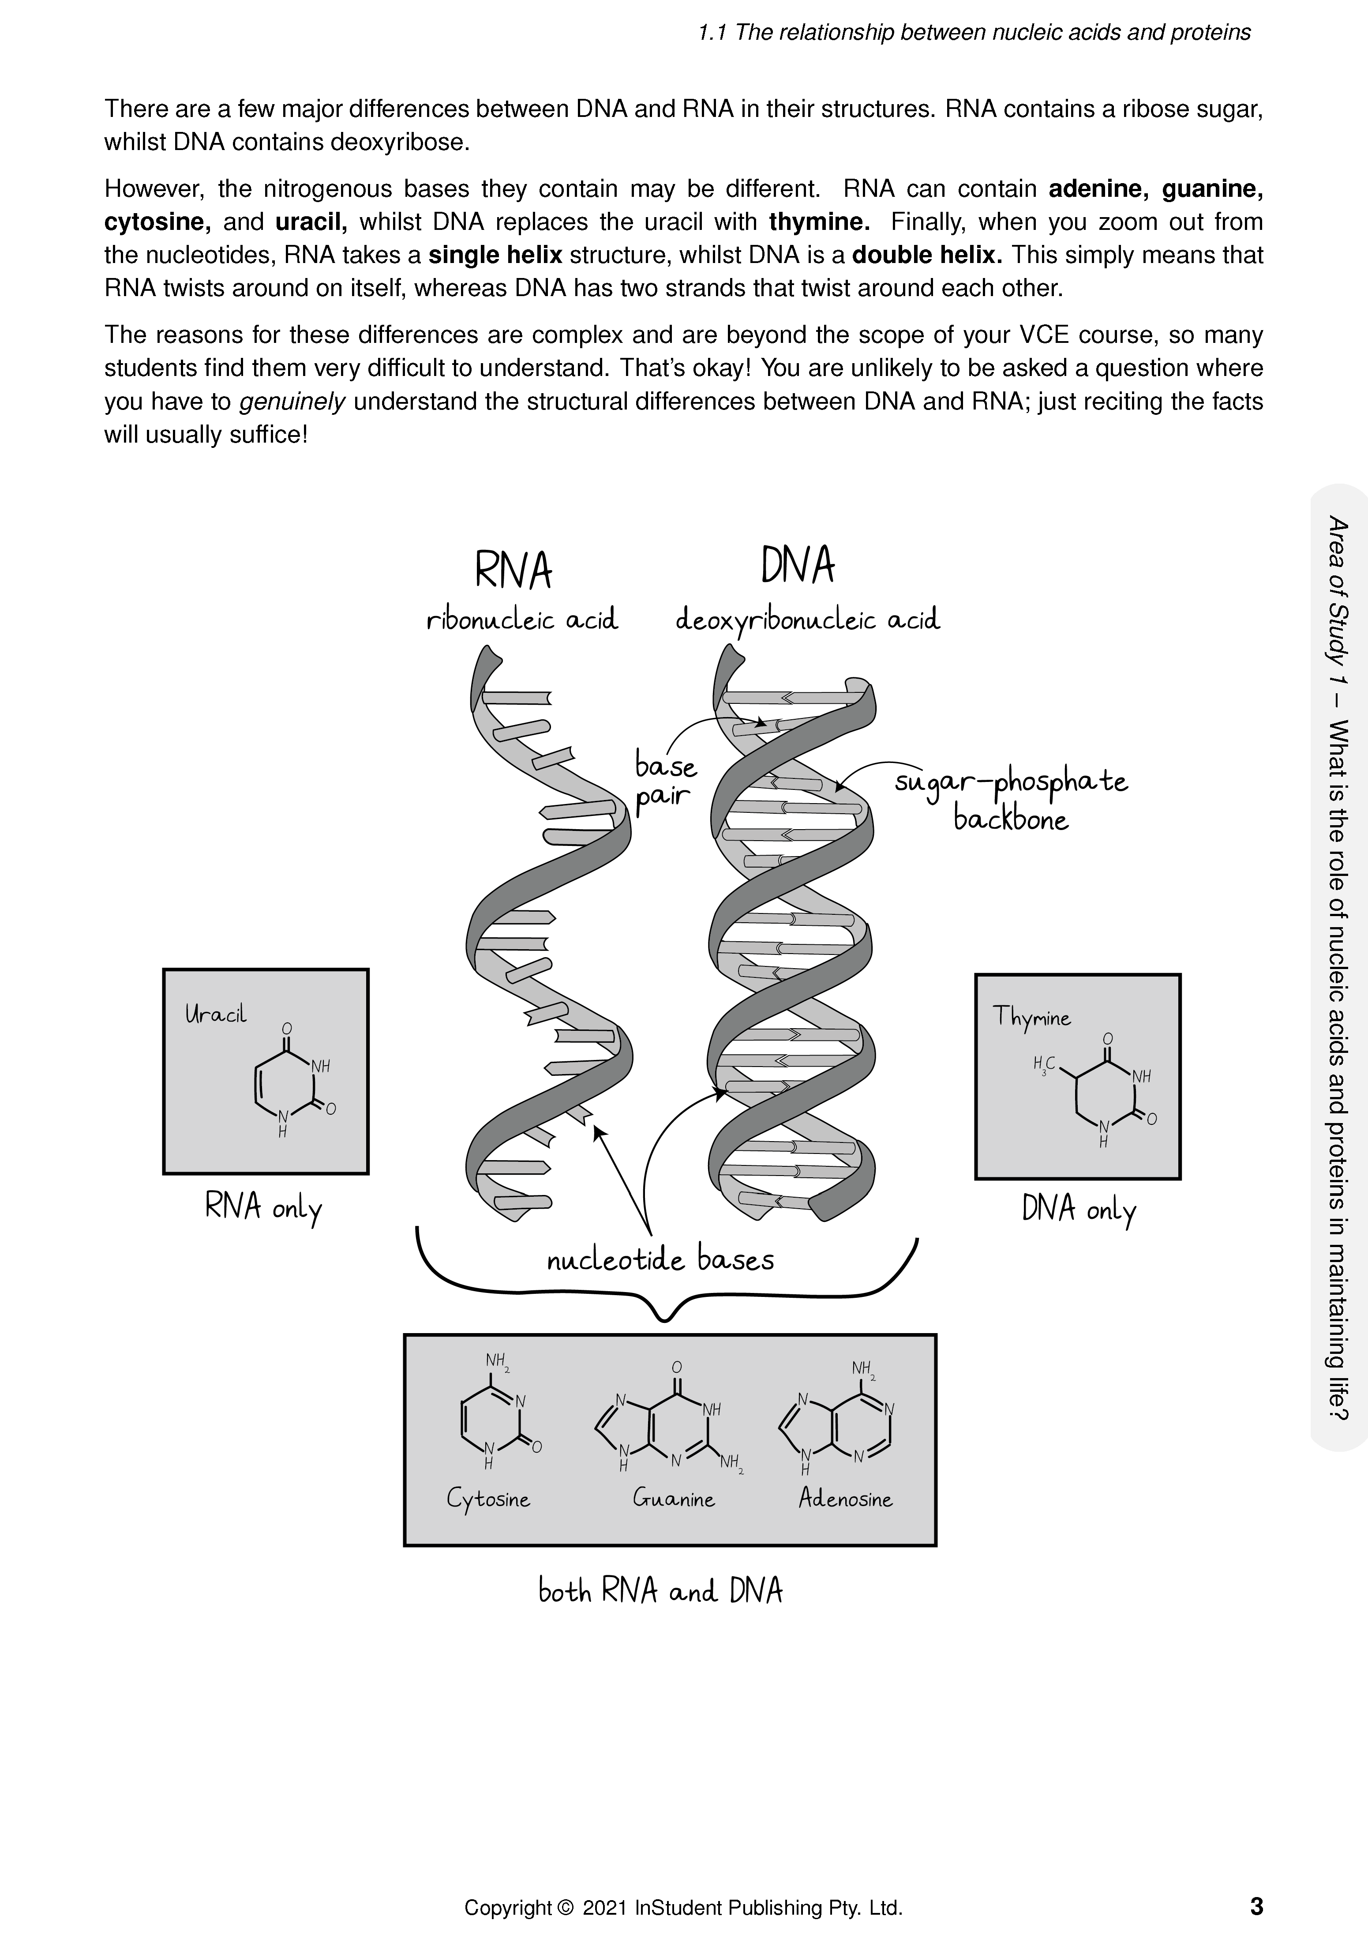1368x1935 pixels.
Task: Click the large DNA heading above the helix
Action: point(797,566)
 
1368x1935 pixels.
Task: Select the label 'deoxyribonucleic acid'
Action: point(807,622)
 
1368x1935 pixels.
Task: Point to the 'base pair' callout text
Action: point(665,781)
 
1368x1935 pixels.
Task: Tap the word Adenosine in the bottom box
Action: point(845,1499)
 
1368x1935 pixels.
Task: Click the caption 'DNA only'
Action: point(1078,1210)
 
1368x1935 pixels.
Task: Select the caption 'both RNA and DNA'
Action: point(660,1591)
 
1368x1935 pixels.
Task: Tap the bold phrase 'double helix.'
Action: point(926,255)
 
